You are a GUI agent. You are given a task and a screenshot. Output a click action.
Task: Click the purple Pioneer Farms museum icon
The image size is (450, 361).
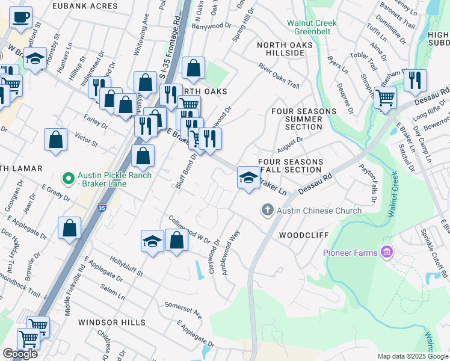tap(386, 252)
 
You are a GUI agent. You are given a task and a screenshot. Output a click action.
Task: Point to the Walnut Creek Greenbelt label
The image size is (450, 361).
tap(311, 28)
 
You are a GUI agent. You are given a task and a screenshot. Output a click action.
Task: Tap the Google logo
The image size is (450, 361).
tap(20, 354)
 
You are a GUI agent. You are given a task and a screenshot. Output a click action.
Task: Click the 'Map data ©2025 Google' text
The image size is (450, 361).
tap(412, 356)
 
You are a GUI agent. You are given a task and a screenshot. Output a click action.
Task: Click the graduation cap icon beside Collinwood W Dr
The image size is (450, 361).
tap(152, 242)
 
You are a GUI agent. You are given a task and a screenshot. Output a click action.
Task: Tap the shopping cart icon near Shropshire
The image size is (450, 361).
tap(385, 97)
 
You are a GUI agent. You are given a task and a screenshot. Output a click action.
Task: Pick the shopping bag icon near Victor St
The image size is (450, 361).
tap(55, 140)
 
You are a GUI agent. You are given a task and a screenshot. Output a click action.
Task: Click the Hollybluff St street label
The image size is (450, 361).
tap(126, 265)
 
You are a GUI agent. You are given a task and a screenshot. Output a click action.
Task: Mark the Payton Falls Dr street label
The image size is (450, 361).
tap(368, 182)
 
